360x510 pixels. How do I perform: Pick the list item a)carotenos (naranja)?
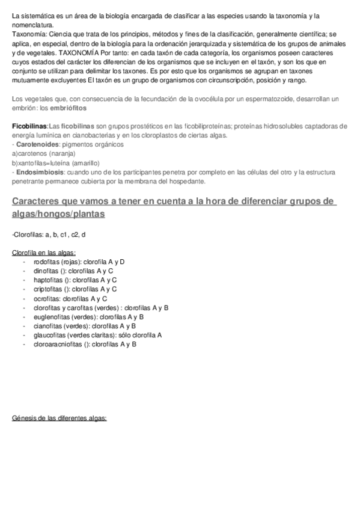pyautogui.click(x=43, y=154)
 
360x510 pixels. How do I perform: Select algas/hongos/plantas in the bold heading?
pyautogui.click(x=58, y=214)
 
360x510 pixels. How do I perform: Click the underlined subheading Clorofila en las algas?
pyautogui.click(x=44, y=253)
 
